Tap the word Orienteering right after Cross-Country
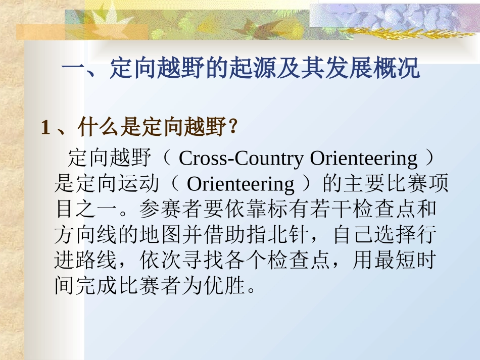coord(364,159)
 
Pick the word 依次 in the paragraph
coord(152,261)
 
